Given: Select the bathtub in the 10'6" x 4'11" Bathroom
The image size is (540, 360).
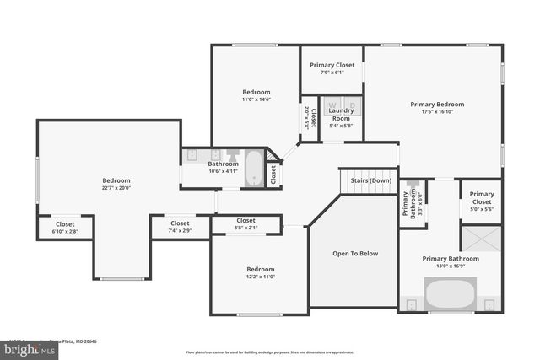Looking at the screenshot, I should [x=253, y=167].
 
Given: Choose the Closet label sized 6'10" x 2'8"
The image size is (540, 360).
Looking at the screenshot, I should [x=64, y=225].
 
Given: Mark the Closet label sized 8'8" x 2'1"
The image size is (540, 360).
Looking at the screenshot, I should [x=246, y=220].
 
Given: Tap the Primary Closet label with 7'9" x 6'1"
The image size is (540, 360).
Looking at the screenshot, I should [x=332, y=65].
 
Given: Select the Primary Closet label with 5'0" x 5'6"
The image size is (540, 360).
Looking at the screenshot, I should [x=482, y=198].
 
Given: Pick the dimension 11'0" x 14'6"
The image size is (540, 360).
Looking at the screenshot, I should [x=256, y=99].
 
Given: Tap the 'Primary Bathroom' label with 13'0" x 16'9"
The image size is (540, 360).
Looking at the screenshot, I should [x=450, y=259].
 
